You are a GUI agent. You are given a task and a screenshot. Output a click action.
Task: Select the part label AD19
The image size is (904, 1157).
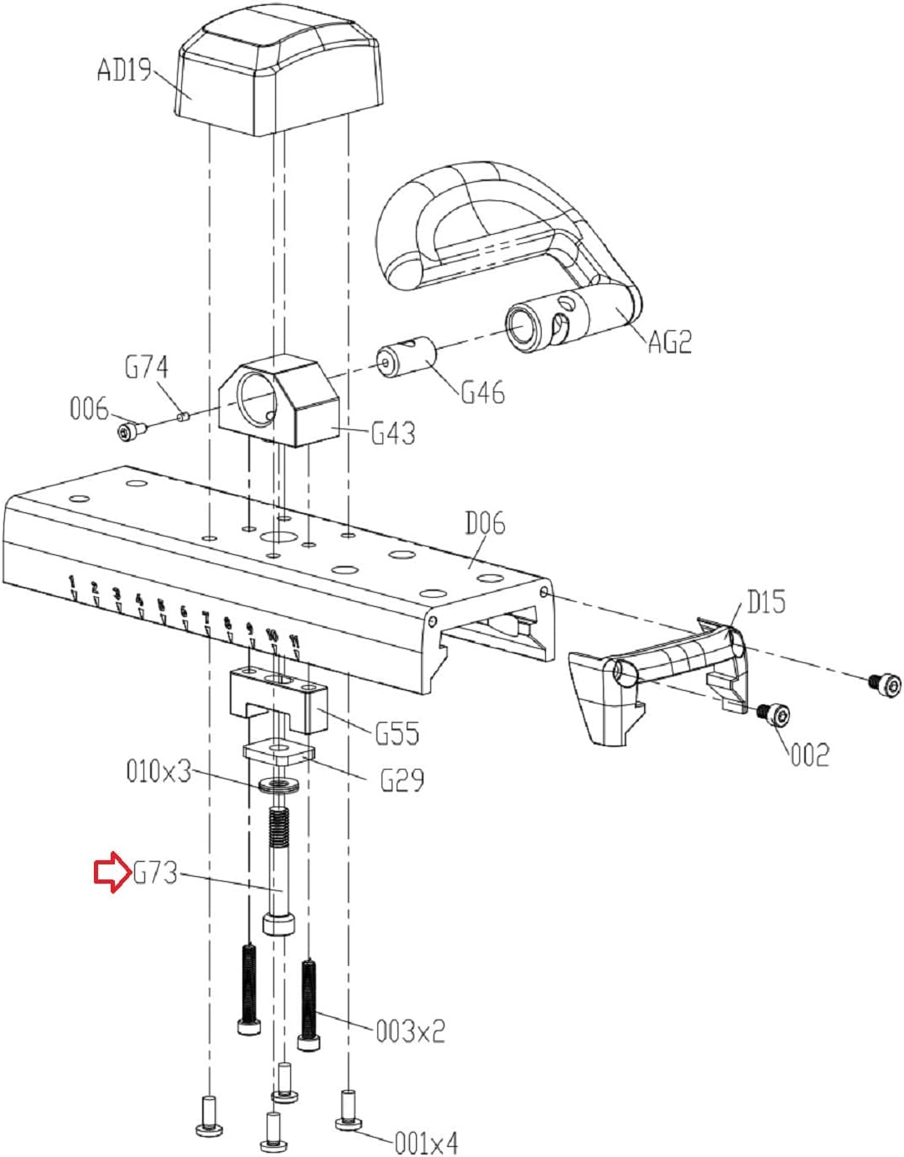click(x=125, y=70)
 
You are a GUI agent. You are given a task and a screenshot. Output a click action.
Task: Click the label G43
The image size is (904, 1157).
click(x=393, y=434)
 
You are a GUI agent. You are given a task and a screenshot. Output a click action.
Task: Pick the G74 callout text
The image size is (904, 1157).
click(x=147, y=368)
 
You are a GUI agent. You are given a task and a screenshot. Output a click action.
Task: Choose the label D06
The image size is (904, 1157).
click(x=485, y=524)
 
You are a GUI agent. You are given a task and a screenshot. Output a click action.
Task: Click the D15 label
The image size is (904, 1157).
click(x=766, y=603)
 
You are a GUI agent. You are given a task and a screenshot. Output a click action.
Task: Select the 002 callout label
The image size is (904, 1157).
click(x=810, y=755)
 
